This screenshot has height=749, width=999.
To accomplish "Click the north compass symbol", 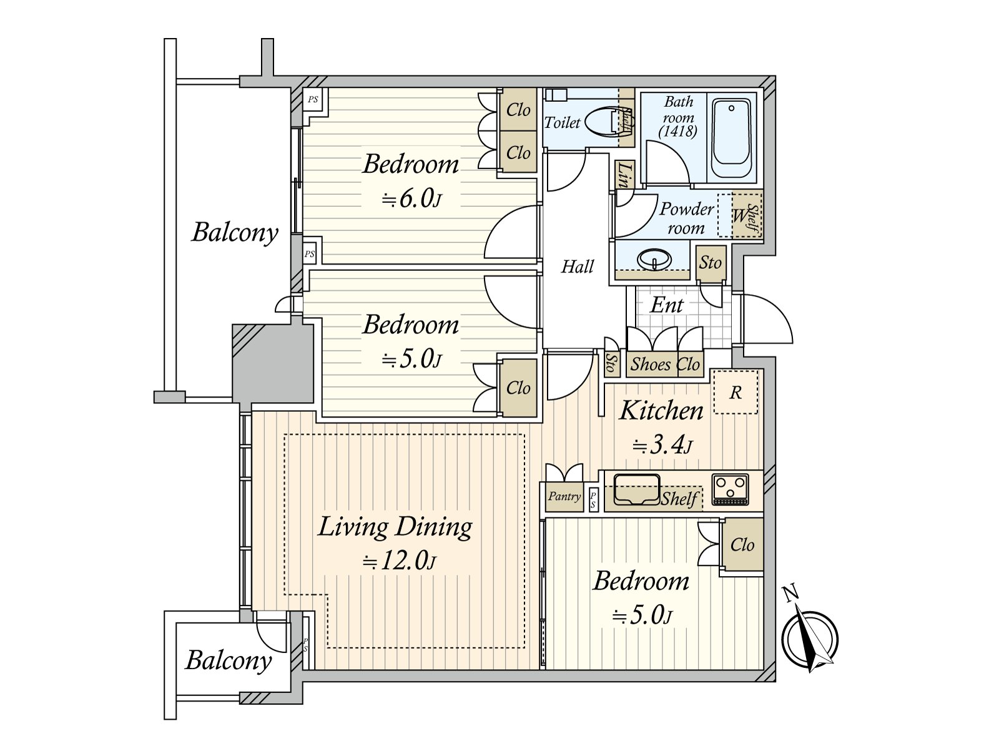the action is tap(810, 637).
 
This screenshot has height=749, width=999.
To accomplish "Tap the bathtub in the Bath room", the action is tap(731, 139).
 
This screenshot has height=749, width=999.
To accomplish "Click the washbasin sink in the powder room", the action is tap(654, 260).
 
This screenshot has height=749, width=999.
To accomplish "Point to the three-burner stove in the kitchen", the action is tap(730, 490).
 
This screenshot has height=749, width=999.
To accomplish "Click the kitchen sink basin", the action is tap(637, 489).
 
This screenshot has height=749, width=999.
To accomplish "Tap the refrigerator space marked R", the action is tap(736, 392).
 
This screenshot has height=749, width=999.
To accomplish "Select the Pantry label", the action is tap(564, 496).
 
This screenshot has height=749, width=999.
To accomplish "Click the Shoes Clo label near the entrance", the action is tap(665, 365).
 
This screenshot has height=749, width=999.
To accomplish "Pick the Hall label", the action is tap(577, 267).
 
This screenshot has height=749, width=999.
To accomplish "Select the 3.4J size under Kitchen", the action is tap(662, 446).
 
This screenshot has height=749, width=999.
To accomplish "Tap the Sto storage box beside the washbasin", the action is tap(711, 263).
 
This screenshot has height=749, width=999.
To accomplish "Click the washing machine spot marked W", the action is tap(739, 215).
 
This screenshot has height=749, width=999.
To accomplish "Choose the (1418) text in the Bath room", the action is tap(678, 132).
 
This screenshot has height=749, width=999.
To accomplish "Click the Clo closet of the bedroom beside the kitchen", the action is tap(742, 545).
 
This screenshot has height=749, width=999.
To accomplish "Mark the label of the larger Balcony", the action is tap(234, 232).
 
